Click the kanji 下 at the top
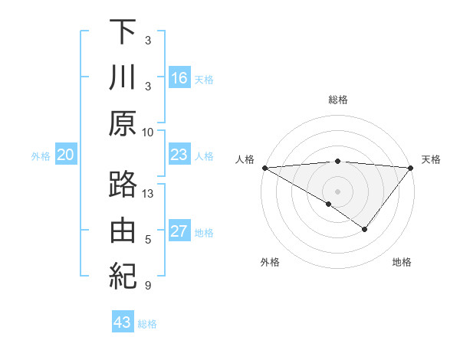pos(123,33)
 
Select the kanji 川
pos(123,78)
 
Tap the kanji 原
pos(123,123)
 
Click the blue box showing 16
pos(179,78)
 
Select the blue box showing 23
pos(179,155)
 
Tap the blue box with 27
pos(179,231)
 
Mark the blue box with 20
pos(65,155)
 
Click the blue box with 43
pos(123,322)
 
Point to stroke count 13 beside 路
pos(149,194)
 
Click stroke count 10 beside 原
pos(149,131)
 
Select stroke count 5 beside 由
pos(149,240)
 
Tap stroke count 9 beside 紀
pos(149,285)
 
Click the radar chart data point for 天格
pos(411,167)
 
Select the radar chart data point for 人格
pos(264,167)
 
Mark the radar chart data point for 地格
pos(365,229)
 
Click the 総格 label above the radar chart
pos(338,100)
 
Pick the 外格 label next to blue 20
pos(41,156)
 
